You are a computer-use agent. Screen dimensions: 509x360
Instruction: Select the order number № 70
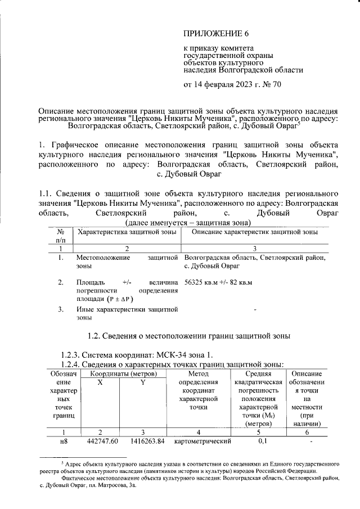pyautogui.click(x=270, y=85)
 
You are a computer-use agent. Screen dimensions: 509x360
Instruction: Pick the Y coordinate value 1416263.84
pyautogui.click(x=142, y=442)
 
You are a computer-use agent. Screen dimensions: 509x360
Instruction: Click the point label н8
pyautogui.click(x=63, y=442)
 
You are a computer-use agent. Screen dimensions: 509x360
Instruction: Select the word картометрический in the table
pyautogui.click(x=195, y=442)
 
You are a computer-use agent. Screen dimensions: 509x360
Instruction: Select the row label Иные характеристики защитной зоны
pyautogui.click(x=127, y=313)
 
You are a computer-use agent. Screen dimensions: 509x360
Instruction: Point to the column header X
pyautogui.click(x=100, y=382)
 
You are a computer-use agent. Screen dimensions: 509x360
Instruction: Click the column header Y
pyautogui.click(x=142, y=382)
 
